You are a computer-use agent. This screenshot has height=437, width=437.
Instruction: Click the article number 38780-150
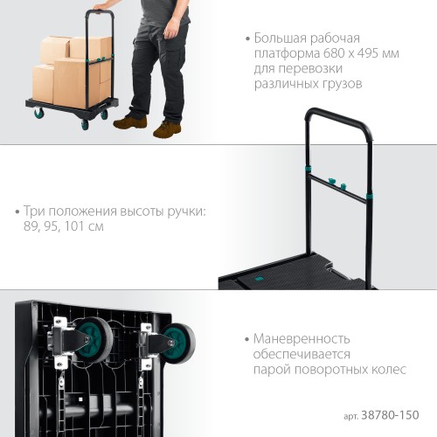pyautogui.click(x=390, y=415)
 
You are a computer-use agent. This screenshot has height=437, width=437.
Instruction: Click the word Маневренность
pyautogui.click(x=302, y=339)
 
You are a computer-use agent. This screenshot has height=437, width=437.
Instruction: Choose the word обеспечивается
pyautogui.click(x=302, y=354)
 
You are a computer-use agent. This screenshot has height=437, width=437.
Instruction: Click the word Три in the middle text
pyautogui.click(x=34, y=211)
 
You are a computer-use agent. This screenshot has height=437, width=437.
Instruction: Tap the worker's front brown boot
pyautogui.click(x=167, y=129)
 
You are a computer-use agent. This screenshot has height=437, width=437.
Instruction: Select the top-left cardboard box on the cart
pyautogui.click(x=54, y=49)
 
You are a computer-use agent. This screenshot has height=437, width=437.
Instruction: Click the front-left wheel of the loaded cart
pyautogui.click(x=38, y=113)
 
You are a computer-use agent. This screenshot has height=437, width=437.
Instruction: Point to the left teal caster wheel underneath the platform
pyautogui.click(x=94, y=340)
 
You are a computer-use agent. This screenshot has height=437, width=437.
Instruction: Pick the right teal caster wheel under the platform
pyautogui.click(x=177, y=343)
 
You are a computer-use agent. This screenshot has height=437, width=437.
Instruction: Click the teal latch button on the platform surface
pyautogui.click(x=258, y=279)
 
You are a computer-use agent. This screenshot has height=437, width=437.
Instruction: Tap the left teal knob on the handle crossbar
pyautogui.click(x=331, y=181)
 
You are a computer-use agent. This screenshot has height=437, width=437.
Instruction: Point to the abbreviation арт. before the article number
pyautogui.click(x=351, y=417)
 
